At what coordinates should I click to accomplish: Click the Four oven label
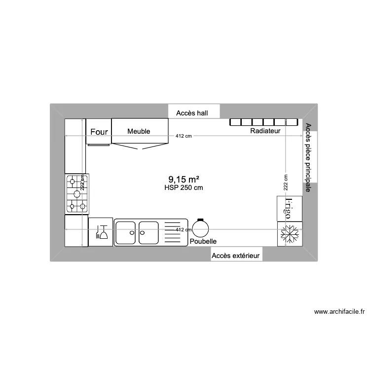pos(99,132)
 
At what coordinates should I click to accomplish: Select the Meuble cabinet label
pos(139,131)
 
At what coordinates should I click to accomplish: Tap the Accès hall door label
pos(192,113)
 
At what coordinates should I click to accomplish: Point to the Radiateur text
pos(265,131)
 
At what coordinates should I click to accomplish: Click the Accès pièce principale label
pos(308,157)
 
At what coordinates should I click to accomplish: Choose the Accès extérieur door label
pos(236,256)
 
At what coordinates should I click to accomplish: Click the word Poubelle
pos(203,241)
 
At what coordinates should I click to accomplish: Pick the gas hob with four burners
pos(77,193)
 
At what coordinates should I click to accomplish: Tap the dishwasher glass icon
pos(102,232)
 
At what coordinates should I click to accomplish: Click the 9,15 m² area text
pos(183,180)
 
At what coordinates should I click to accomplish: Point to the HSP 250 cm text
pos(184,187)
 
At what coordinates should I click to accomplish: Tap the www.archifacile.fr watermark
pos(339,312)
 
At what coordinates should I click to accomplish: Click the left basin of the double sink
pos(126,232)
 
